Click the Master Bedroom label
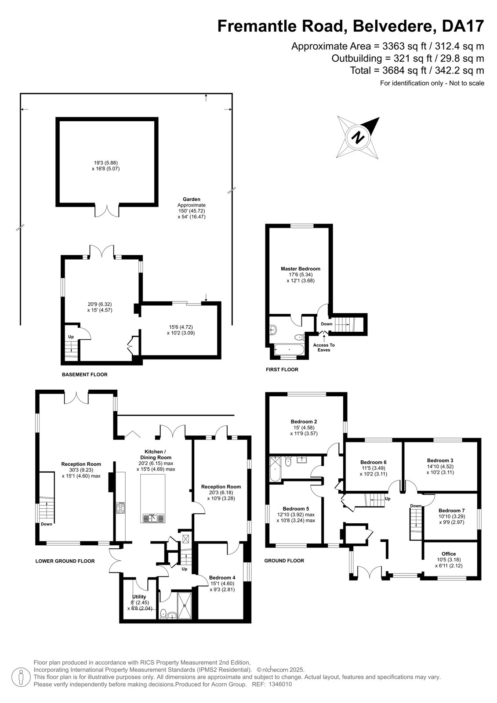click(x=300, y=268)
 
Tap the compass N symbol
click(x=358, y=137)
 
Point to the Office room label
click(x=448, y=554)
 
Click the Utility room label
click(x=139, y=597)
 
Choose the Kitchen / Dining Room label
click(x=156, y=454)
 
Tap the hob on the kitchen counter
click(x=120, y=507)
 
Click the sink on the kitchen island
click(x=153, y=518)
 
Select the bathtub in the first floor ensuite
click(x=289, y=349)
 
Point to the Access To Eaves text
click(x=324, y=348)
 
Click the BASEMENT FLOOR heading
click(x=84, y=374)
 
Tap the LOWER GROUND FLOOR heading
click(x=65, y=561)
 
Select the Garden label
click(x=192, y=199)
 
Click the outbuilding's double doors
click(x=107, y=211)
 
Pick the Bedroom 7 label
click(x=451, y=511)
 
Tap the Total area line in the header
click(x=417, y=70)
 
